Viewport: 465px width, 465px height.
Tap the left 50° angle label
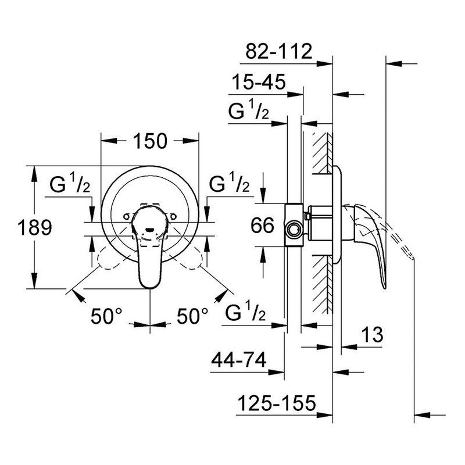(106, 316)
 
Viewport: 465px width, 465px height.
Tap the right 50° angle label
(192, 316)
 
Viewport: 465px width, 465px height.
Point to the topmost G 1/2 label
(248, 112)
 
